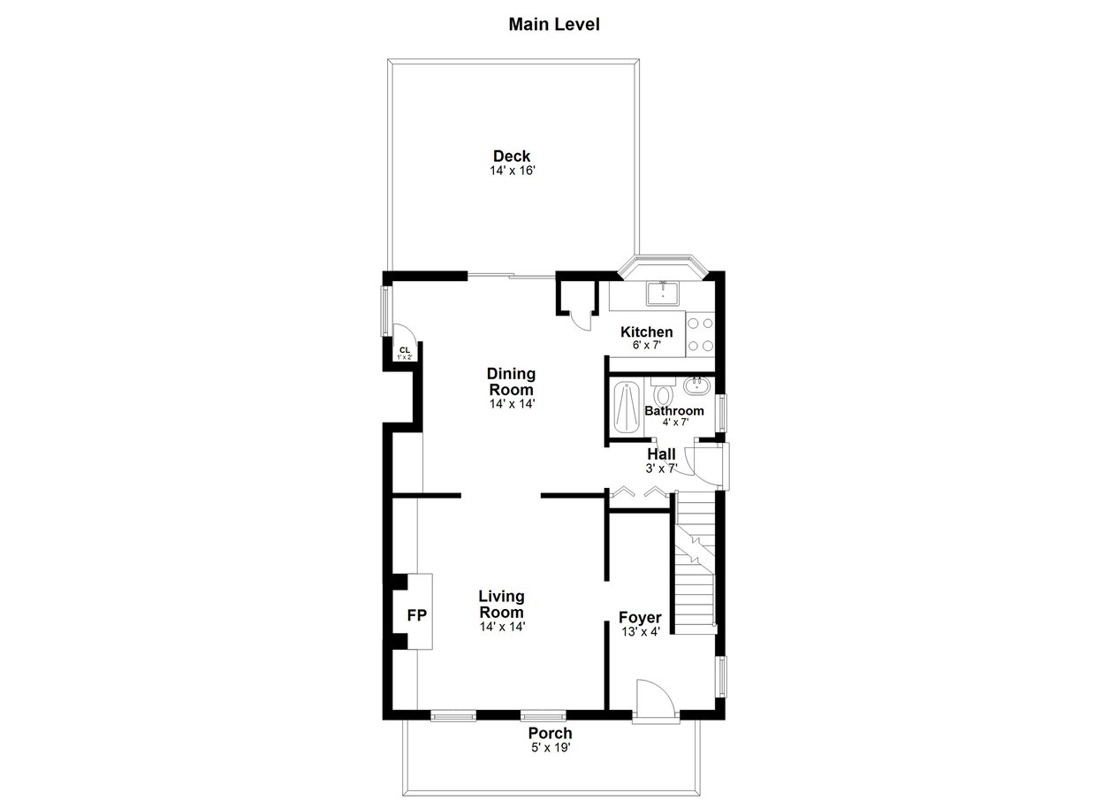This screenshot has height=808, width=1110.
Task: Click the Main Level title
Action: [x=554, y=24]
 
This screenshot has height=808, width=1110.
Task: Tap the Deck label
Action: [x=512, y=156]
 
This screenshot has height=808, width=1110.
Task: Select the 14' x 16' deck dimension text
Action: [x=513, y=171]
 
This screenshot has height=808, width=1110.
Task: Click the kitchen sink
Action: [x=663, y=293]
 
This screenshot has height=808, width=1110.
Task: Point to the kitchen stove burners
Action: [x=701, y=334]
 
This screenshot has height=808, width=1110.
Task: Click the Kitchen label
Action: [x=646, y=332]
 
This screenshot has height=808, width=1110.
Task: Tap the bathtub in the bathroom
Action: [x=627, y=407]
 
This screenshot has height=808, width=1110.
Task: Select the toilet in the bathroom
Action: [x=663, y=391]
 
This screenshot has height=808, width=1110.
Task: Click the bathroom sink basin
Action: [x=697, y=385]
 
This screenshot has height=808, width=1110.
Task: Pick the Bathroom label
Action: [x=674, y=411]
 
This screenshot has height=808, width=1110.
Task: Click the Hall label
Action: [x=661, y=454]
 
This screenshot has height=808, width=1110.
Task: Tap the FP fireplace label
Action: [x=417, y=615]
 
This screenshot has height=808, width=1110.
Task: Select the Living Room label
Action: [x=501, y=605]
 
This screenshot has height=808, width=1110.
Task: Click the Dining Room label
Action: [x=512, y=381]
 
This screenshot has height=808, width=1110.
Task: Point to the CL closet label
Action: [x=405, y=350]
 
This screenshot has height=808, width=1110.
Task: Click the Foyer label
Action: [x=640, y=618]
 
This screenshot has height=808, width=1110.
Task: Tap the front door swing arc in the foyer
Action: [x=664, y=692]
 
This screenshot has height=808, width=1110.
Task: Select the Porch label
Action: [x=550, y=733]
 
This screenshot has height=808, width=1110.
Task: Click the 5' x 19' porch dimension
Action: [x=551, y=748]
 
